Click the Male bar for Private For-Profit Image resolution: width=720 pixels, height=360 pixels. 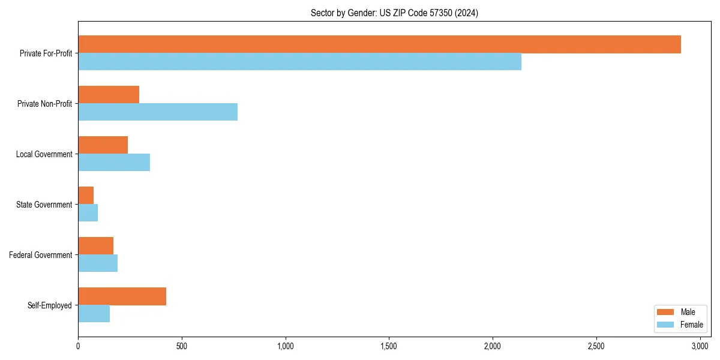(379, 44)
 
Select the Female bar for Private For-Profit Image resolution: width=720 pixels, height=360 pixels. (299, 62)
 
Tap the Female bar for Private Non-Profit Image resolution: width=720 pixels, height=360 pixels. (158, 112)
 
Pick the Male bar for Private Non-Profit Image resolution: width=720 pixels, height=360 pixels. (109, 95)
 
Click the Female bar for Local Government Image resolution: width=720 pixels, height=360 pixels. (114, 163)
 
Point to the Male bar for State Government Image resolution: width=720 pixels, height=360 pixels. (86, 196)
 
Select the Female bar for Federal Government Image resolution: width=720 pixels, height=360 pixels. (98, 263)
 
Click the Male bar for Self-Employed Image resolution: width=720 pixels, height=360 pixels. (122, 296)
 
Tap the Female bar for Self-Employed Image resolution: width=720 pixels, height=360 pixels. (94, 314)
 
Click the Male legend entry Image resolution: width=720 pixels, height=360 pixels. (679, 312)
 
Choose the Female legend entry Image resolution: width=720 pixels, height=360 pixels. (679, 325)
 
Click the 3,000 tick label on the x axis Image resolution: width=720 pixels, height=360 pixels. (700, 347)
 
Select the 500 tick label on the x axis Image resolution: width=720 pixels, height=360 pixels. (182, 347)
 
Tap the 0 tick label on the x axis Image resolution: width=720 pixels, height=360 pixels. (78, 347)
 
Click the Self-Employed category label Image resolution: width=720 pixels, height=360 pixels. (50, 305)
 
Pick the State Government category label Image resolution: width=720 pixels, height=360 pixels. (44, 205)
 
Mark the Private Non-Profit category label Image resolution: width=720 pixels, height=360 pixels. (44, 104)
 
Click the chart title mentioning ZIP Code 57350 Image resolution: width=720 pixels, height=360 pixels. (394, 13)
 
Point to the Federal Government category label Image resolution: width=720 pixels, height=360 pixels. (41, 255)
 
